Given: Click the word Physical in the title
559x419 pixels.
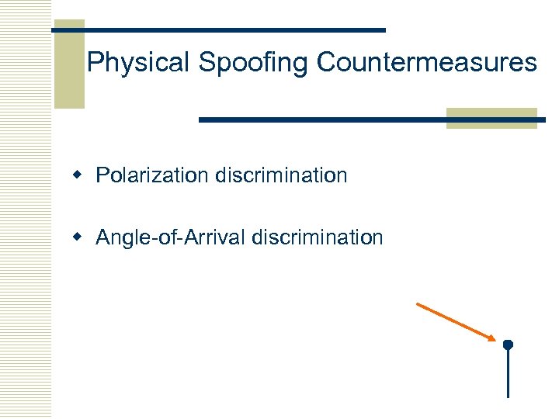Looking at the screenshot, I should pyautogui.click(x=138, y=62).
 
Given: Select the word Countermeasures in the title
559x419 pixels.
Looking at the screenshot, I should pyautogui.click(x=426, y=62).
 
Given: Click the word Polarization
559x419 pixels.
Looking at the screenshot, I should pyautogui.click(x=152, y=175).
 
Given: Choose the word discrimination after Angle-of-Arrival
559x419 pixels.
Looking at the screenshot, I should pyautogui.click(x=317, y=237).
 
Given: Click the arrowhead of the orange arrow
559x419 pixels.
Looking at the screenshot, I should pyautogui.click(x=491, y=338).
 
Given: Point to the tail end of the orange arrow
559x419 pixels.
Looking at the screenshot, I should pyautogui.click(x=418, y=304).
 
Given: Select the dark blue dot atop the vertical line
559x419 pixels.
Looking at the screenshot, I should pyautogui.click(x=508, y=344).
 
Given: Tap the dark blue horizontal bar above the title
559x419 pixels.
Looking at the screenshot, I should pyautogui.click(x=233, y=29).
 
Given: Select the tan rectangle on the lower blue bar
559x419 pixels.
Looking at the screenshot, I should pyautogui.click(x=491, y=118).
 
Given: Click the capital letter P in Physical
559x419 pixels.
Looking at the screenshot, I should pyautogui.click(x=95, y=62).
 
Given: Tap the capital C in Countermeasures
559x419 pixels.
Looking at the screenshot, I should pyautogui.click(x=325, y=62).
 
